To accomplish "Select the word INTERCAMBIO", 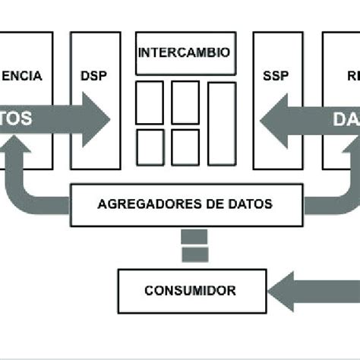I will (183, 53).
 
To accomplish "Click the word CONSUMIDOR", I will (190, 290).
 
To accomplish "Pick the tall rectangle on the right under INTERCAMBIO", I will (222, 123).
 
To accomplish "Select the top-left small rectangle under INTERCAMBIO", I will (149, 103).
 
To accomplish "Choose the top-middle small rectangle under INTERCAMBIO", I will (185, 103).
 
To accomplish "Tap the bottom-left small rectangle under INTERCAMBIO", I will (149, 147).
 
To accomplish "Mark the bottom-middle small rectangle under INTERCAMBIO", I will (185, 147).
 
